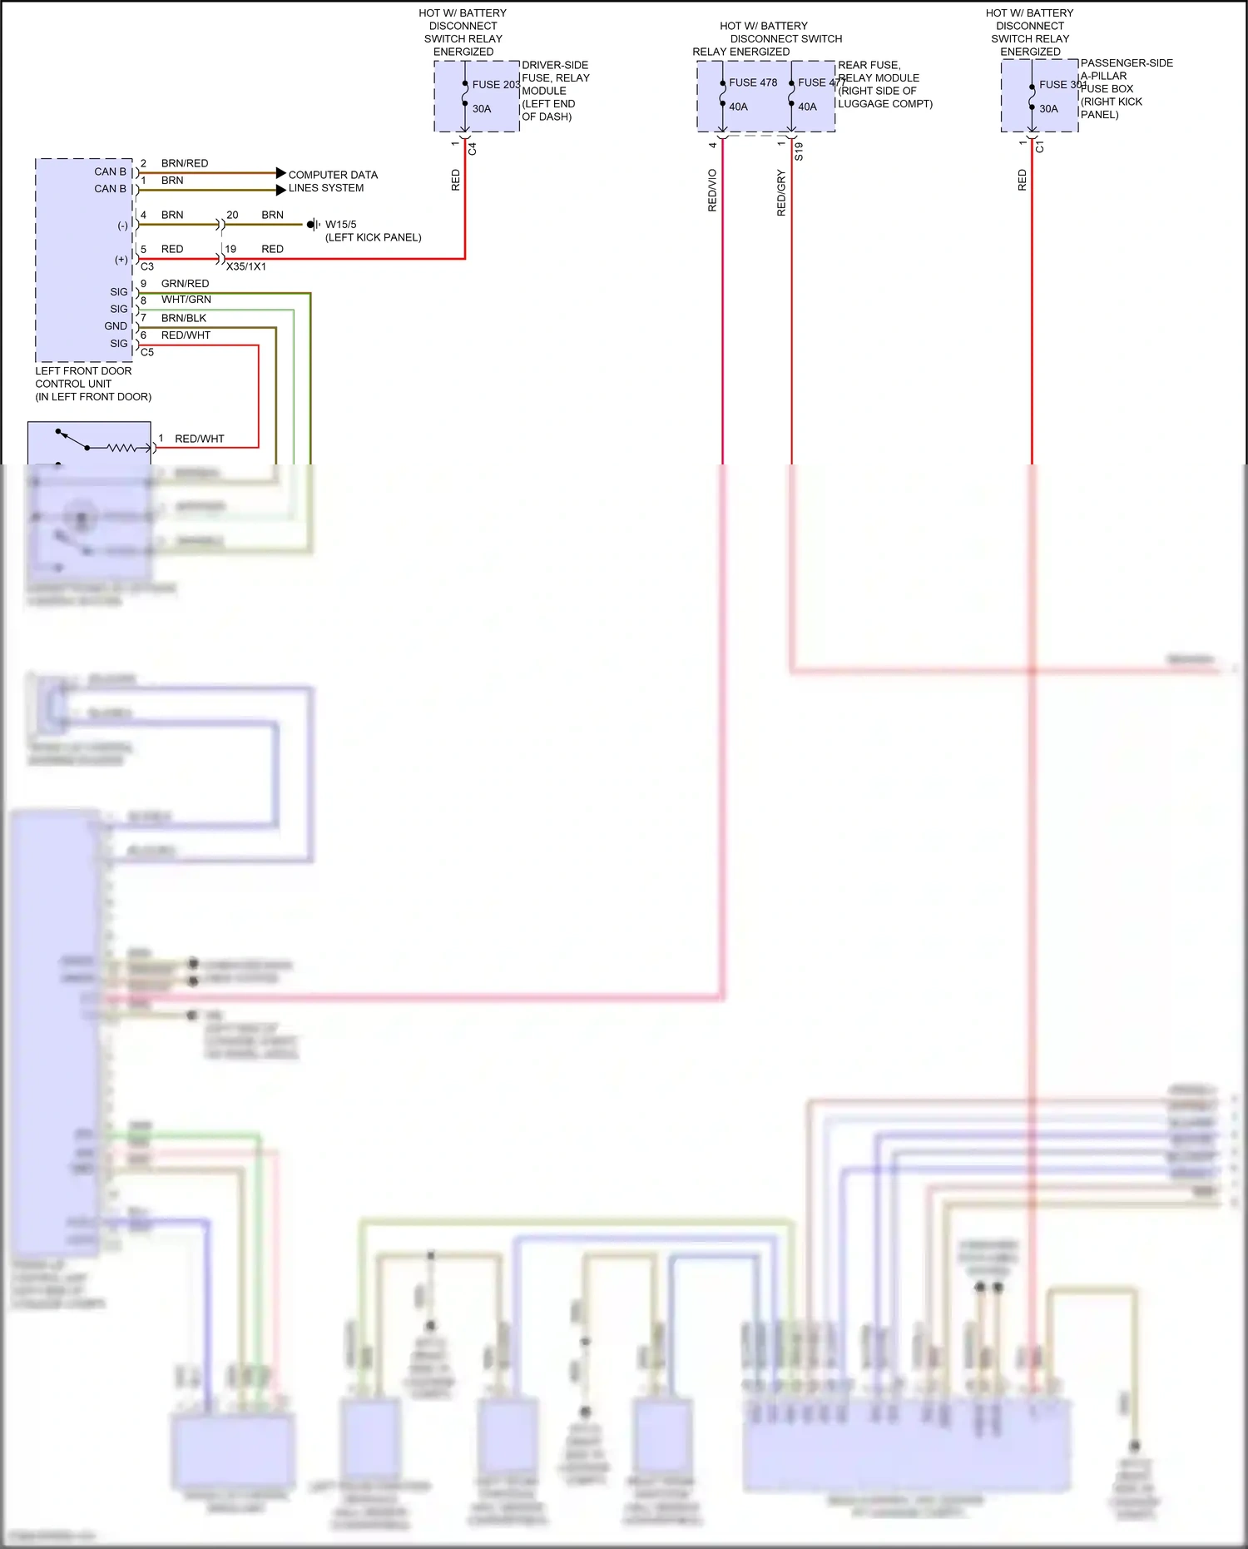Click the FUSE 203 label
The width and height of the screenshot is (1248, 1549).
tap(496, 84)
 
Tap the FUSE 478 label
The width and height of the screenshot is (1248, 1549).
tap(753, 82)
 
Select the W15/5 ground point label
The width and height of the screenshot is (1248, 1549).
tap(340, 225)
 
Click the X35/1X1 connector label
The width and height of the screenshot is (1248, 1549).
tap(246, 266)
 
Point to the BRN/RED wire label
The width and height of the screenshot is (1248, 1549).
tap(185, 163)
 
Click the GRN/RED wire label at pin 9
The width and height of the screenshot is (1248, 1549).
tap(185, 284)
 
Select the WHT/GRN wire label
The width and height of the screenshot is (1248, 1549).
tap(186, 300)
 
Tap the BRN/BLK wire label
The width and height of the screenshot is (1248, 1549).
tap(184, 318)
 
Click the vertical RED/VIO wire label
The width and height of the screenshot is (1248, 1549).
tap(712, 191)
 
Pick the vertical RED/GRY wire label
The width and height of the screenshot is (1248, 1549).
tap(781, 193)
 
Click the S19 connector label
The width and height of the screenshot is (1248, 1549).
tap(799, 151)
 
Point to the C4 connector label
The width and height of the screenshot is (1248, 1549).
tap(473, 149)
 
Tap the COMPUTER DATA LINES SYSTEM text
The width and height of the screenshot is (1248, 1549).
tap(332, 181)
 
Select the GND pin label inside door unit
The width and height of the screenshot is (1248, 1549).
tap(116, 326)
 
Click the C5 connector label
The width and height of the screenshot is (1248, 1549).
tap(147, 352)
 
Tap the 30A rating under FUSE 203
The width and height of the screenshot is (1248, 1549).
tap(482, 109)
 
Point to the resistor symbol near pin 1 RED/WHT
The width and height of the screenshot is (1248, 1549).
tap(122, 448)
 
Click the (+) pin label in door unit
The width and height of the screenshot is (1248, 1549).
tap(121, 260)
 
